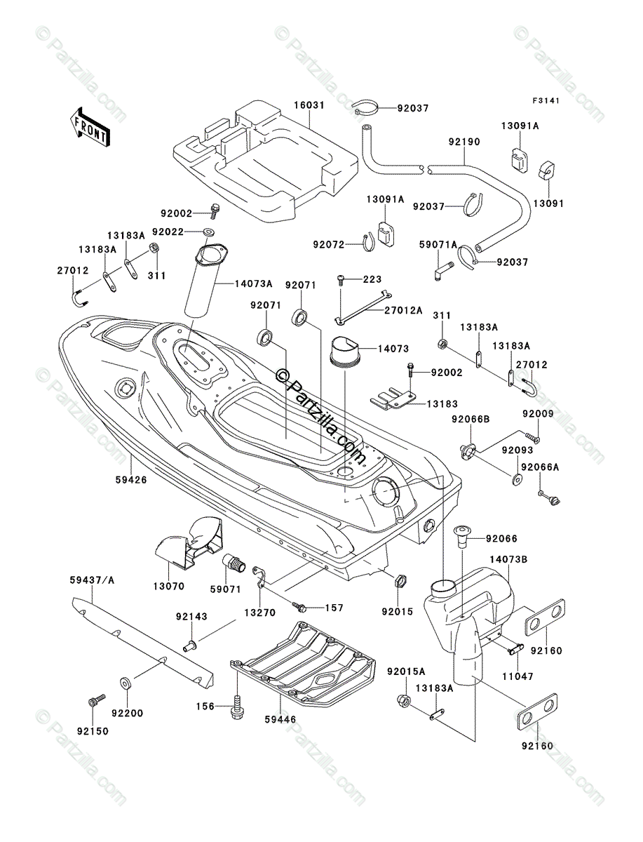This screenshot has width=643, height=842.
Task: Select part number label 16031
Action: click(x=309, y=105)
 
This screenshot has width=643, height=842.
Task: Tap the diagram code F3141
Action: click(x=546, y=101)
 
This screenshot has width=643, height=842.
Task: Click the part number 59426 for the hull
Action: click(x=131, y=479)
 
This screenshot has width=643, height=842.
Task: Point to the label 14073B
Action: click(x=508, y=559)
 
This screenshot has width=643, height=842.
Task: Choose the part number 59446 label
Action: click(x=280, y=719)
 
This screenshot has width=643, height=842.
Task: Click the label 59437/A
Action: click(x=92, y=580)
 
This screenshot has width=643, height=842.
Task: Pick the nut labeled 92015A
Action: click(x=404, y=700)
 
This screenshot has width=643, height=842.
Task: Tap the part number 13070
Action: click(x=168, y=587)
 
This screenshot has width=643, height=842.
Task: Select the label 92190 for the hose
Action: click(x=464, y=142)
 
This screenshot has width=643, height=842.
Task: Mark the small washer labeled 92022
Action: click(x=209, y=232)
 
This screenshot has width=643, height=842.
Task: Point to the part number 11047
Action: click(x=517, y=676)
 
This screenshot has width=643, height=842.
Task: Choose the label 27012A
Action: click(x=403, y=310)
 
